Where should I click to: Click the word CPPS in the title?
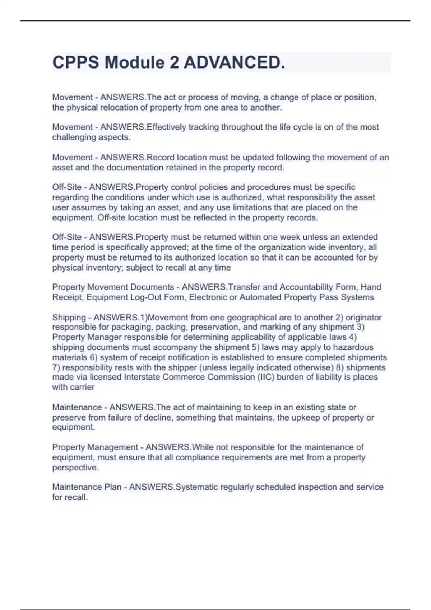pos(75,63)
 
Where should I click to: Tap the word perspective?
pos(75,468)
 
